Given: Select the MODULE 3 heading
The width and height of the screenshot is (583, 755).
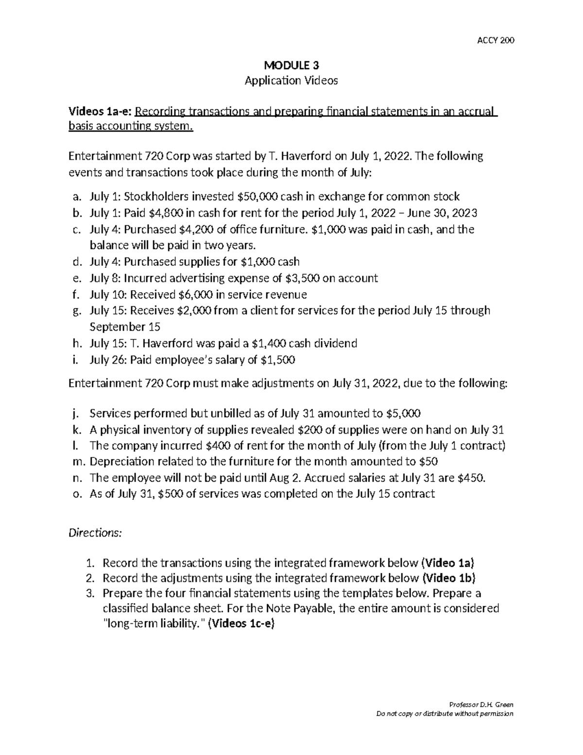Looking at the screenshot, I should pyautogui.click(x=291, y=65).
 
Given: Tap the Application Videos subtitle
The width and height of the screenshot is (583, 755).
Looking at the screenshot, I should pyautogui.click(x=291, y=81).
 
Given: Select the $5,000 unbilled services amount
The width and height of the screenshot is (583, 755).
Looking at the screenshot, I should pyautogui.click(x=403, y=413).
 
